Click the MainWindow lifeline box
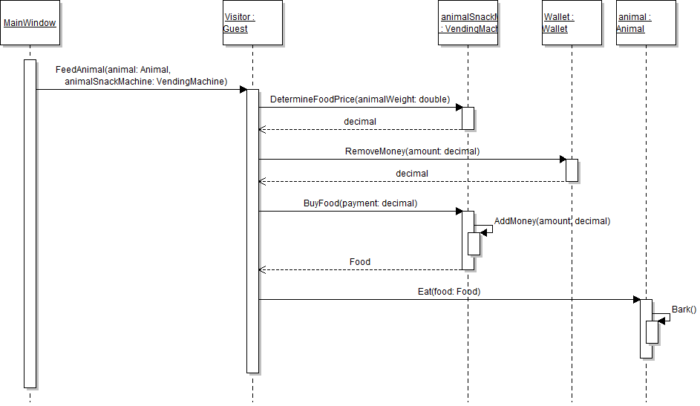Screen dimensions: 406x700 [x=30, y=23]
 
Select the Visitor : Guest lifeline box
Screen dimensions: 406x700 [x=252, y=23]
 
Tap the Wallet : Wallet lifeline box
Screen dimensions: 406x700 [x=572, y=23]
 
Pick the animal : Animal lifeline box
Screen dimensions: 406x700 [x=646, y=23]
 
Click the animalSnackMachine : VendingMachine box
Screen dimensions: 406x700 [x=468, y=23]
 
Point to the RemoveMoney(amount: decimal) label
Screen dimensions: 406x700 [x=412, y=151]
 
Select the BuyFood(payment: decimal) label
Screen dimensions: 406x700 [x=360, y=203]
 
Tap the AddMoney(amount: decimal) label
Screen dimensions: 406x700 [x=552, y=221]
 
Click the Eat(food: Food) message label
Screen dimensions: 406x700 [x=449, y=292]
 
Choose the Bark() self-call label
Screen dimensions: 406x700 [x=684, y=310]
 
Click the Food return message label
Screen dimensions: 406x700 [x=360, y=262]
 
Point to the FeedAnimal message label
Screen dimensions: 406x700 [x=141, y=76]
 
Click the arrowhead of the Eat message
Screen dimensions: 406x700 [x=636, y=300]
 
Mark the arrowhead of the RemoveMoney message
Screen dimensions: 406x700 [x=562, y=159]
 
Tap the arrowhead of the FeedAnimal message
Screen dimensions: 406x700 [x=243, y=90]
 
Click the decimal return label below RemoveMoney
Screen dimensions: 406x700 [x=412, y=174]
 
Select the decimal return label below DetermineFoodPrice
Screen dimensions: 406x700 [x=360, y=122]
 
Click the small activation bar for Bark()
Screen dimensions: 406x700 [x=652, y=332]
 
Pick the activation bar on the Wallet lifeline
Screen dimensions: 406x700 [x=572, y=170]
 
